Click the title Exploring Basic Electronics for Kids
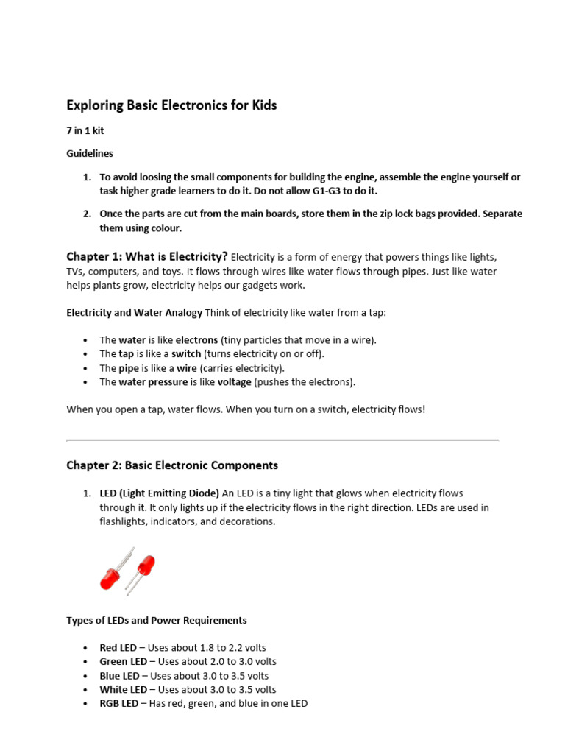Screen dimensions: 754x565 click(x=171, y=105)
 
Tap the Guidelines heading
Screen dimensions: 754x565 click(x=90, y=153)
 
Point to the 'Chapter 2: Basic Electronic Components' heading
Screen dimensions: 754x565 click(x=172, y=465)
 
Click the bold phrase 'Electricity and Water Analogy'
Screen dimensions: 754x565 click(x=134, y=312)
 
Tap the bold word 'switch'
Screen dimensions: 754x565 click(x=186, y=354)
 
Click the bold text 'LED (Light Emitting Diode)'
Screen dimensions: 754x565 click(x=159, y=493)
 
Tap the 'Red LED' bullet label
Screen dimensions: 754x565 click(x=118, y=648)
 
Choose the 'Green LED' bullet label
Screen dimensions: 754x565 click(x=123, y=662)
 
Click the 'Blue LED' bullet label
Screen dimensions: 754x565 click(x=119, y=676)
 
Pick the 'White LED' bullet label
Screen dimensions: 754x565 click(x=123, y=690)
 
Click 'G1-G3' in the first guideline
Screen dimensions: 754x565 click(x=329, y=191)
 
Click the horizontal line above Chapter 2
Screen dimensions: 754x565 click(x=282, y=440)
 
